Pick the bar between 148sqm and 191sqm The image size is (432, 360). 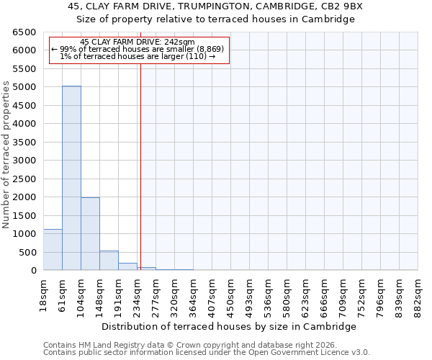(109, 261)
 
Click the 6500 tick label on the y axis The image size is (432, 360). (24, 32)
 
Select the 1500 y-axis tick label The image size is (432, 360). (24, 215)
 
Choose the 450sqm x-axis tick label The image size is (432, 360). (230, 294)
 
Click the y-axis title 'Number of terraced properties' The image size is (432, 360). (6, 155)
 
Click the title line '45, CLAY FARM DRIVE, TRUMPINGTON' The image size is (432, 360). (216, 6)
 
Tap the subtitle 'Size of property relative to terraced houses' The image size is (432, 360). (216, 19)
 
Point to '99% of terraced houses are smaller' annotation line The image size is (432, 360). (138, 49)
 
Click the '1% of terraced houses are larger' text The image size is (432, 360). (138, 56)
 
